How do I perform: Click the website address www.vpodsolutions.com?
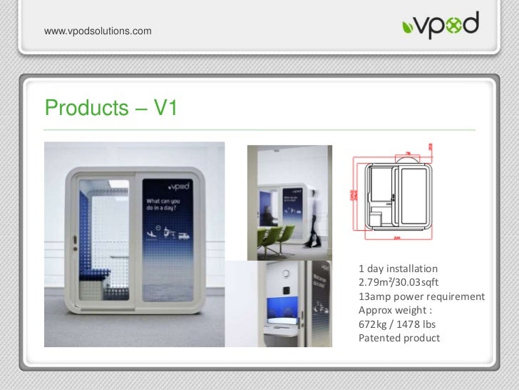(x=98, y=31)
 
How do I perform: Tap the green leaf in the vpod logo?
(x=407, y=29)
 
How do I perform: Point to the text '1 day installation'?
(x=398, y=269)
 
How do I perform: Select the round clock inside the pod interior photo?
(x=286, y=274)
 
